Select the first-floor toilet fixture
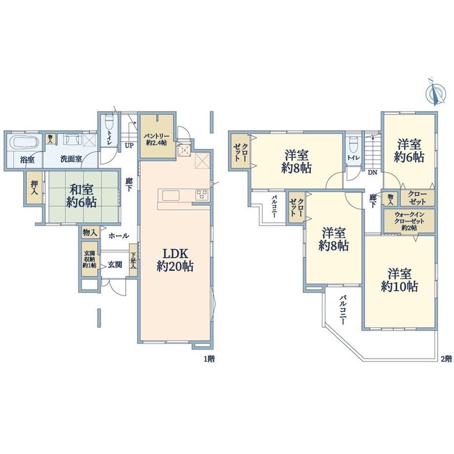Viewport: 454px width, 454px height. point(109,123)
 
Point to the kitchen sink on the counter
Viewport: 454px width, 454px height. point(168,196)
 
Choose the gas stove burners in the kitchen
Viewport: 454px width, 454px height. point(201,194)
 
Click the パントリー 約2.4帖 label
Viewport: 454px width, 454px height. point(156,140)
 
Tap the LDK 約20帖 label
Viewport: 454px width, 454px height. point(175,260)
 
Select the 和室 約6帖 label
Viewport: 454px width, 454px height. point(81,196)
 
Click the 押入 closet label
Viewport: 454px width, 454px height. point(35,187)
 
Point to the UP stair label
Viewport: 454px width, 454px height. point(129,146)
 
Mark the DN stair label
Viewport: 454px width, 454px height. point(373,173)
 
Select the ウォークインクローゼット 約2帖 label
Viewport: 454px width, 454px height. point(410,221)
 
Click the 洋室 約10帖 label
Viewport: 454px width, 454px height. point(400,280)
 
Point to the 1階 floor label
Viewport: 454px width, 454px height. point(209,359)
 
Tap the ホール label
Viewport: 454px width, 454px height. point(119,236)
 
